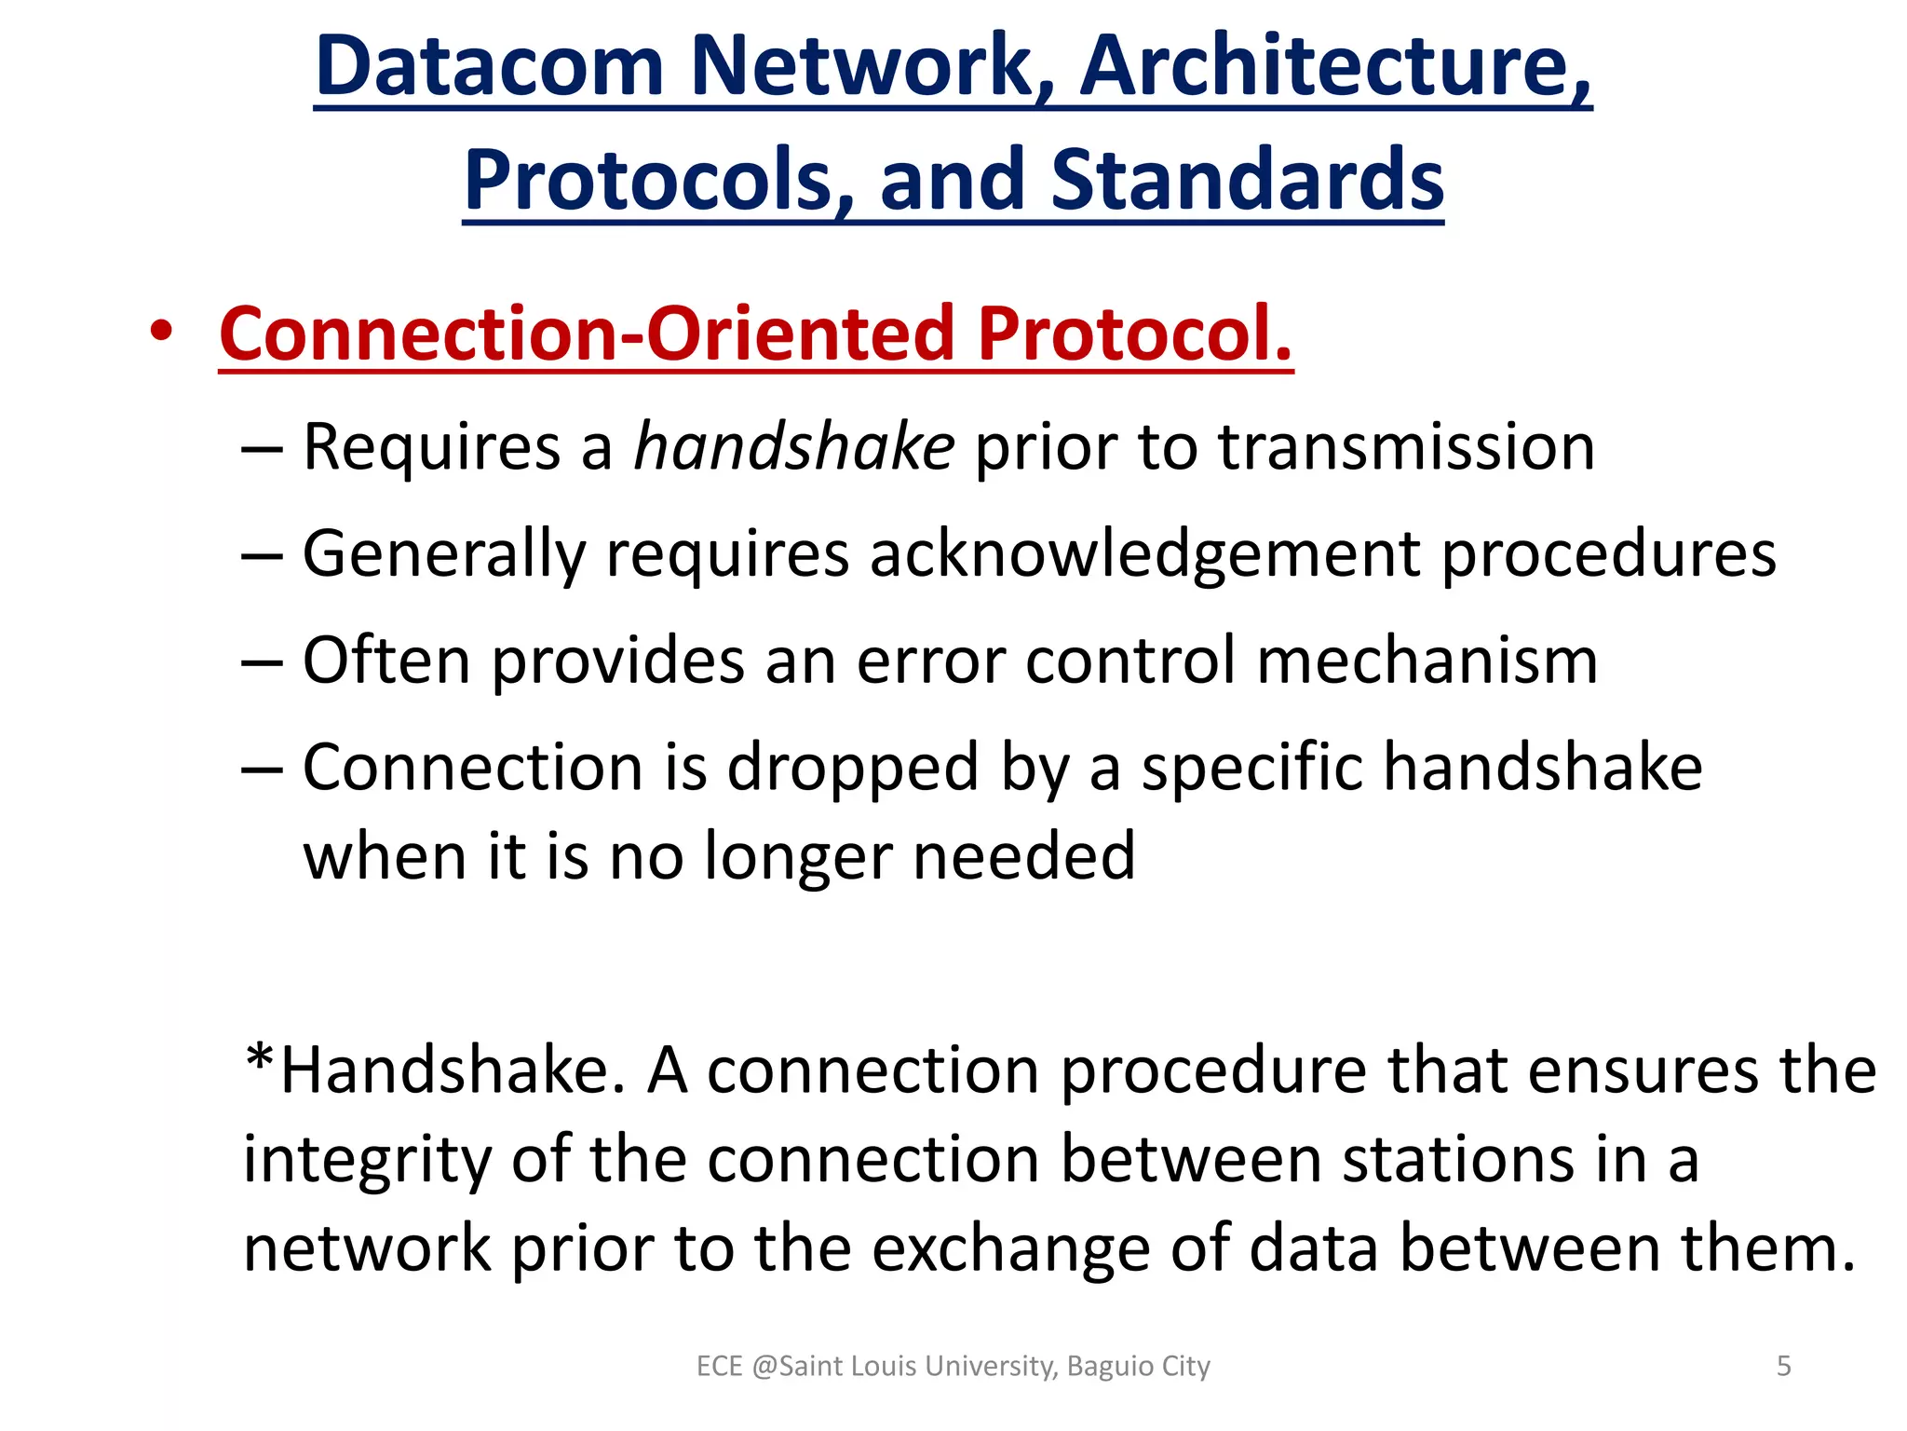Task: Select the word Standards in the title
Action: click(x=1247, y=179)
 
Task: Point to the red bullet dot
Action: click(x=161, y=333)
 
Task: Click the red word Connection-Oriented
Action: click(x=587, y=333)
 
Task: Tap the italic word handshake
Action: click(x=793, y=447)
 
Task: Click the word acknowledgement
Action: click(x=1145, y=554)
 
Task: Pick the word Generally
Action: click(x=444, y=554)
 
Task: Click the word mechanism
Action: click(x=1427, y=661)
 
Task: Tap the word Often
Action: click(x=386, y=661)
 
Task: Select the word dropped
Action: click(x=852, y=768)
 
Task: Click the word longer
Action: click(x=798, y=855)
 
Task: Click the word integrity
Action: click(x=366, y=1160)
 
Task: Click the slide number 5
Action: click(x=1784, y=1366)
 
